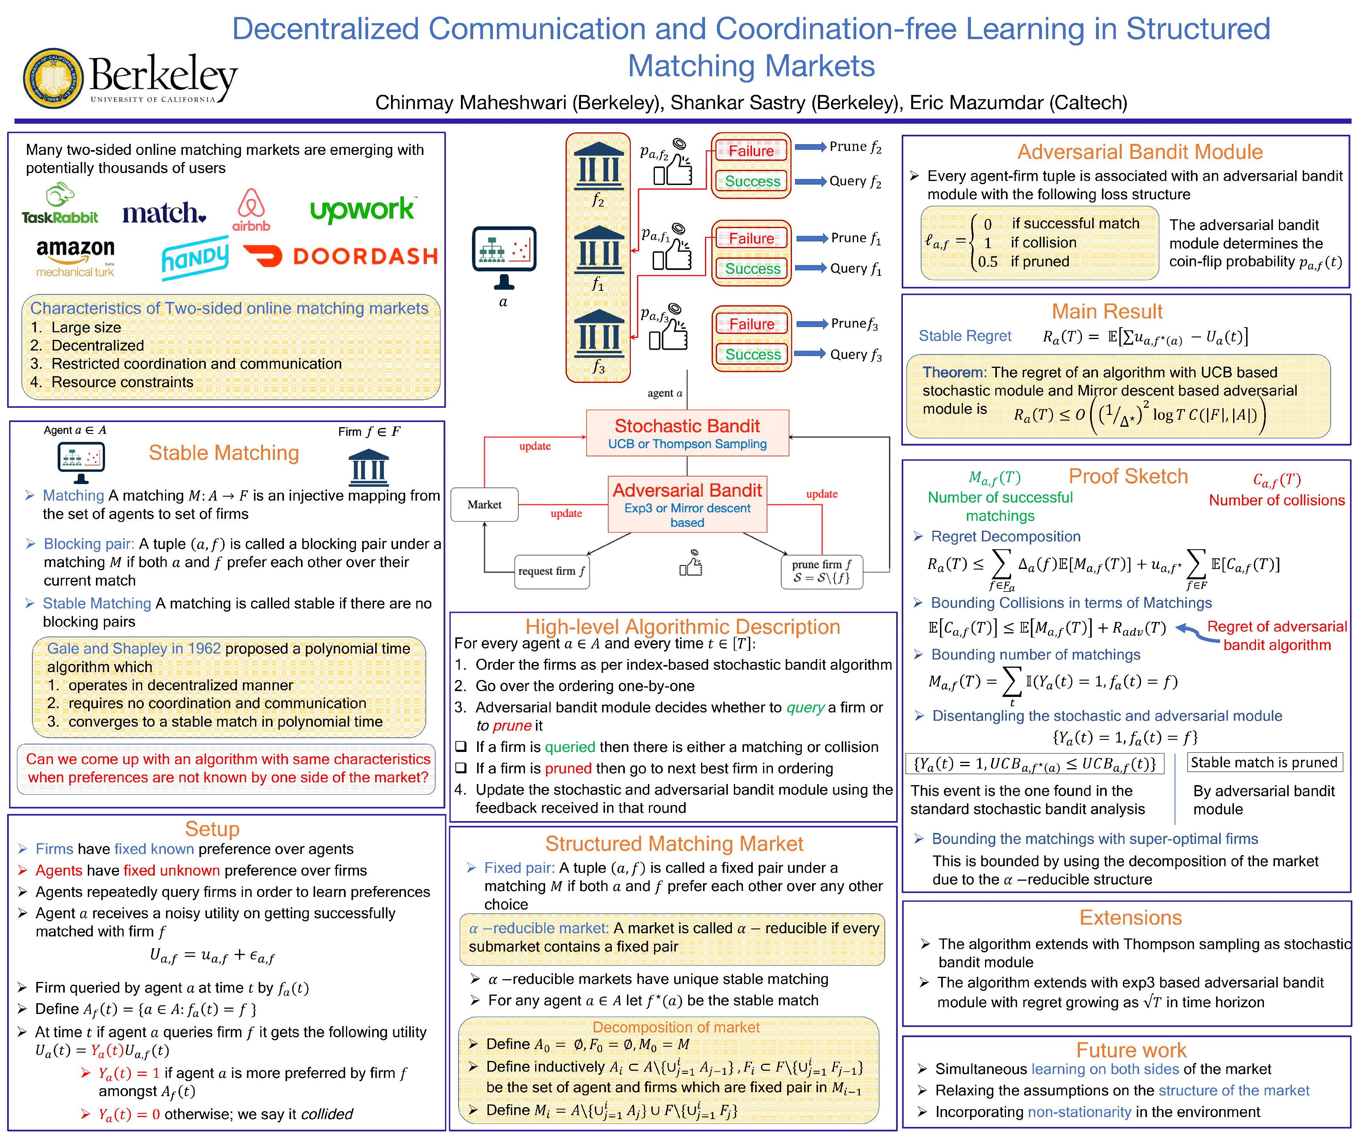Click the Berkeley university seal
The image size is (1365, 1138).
pos(53,78)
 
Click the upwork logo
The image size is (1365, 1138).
pos(362,209)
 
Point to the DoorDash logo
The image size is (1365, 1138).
pos(340,256)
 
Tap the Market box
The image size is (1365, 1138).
pos(484,505)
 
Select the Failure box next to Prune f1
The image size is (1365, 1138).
pos(751,239)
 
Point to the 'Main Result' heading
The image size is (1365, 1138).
pos(1107,311)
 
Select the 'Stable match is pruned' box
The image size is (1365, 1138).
pos(1263,762)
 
